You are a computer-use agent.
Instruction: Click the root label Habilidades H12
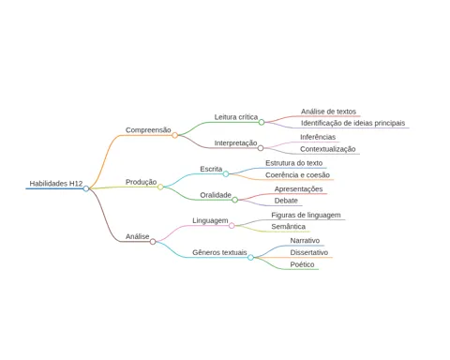point(56,184)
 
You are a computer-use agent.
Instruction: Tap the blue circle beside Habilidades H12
point(86,188)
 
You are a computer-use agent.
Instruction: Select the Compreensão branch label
point(148,130)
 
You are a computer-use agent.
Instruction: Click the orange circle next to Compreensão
point(175,135)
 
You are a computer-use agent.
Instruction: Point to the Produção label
point(141,182)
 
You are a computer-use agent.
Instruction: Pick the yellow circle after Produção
point(160,187)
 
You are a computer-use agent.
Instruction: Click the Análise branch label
point(138,236)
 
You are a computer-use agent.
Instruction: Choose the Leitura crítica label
point(236,117)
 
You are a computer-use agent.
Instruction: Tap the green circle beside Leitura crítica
point(262,122)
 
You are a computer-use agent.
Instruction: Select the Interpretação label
point(235,143)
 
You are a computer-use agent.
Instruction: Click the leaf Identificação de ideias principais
point(352,123)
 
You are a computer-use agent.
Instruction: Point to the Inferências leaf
point(318,137)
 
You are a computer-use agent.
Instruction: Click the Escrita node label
point(211,169)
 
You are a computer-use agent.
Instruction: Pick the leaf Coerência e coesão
point(297,175)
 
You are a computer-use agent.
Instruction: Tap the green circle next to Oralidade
point(235,200)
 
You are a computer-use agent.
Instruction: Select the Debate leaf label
point(286,201)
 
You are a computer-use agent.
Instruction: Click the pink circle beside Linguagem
point(232,226)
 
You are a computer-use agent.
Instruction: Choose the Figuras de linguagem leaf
point(306,215)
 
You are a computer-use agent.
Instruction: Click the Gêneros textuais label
point(219,252)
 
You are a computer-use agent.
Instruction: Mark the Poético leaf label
point(302,264)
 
